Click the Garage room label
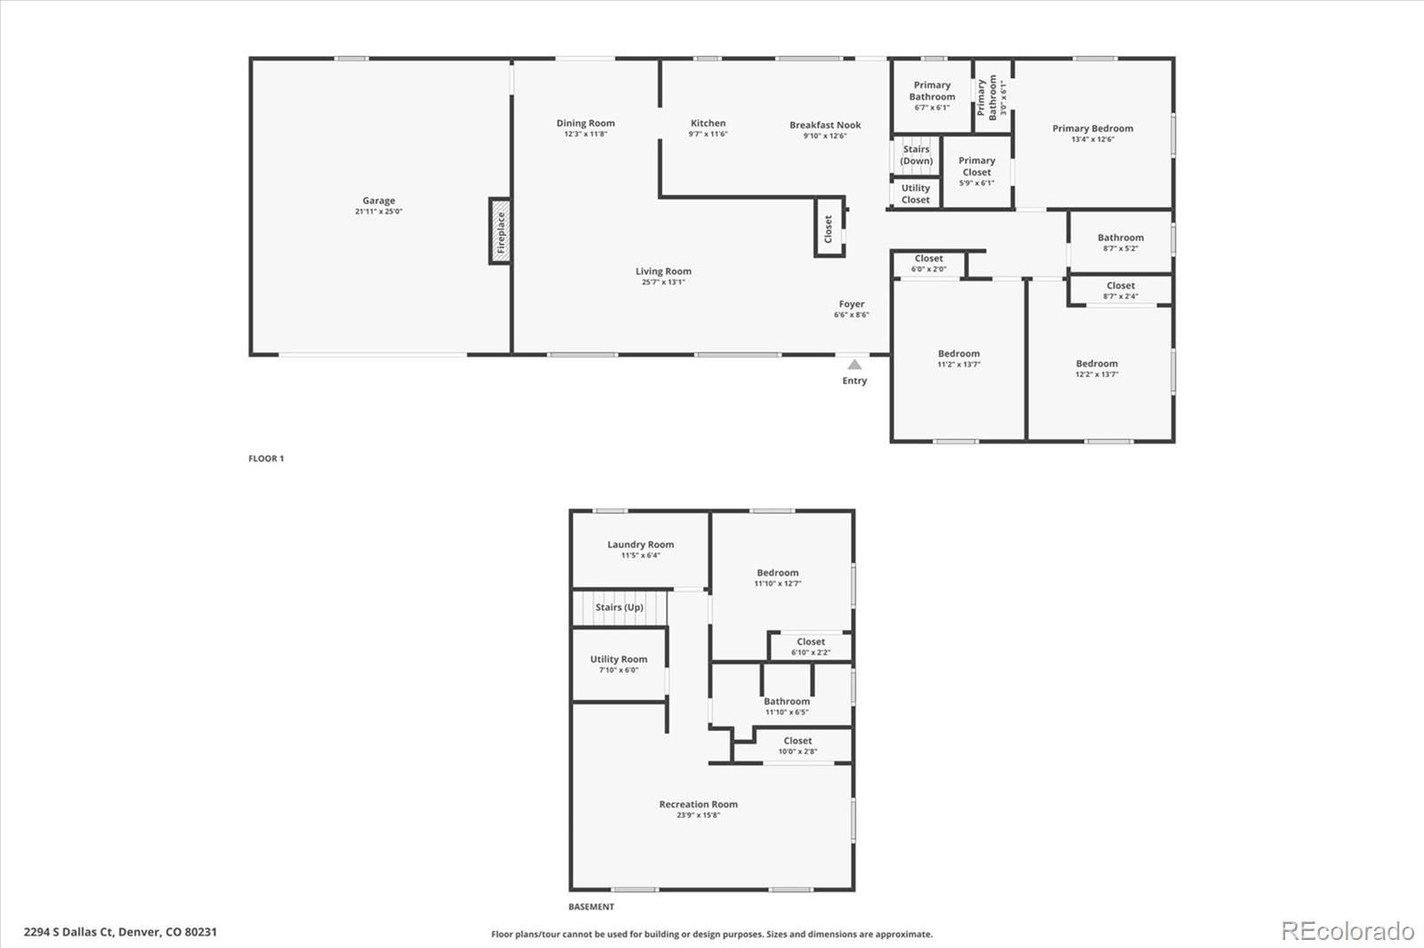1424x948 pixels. (379, 201)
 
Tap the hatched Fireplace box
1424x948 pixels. (500, 231)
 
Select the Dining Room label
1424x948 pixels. (586, 124)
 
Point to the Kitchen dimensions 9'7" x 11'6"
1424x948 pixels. (708, 134)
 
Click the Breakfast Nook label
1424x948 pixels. (825, 125)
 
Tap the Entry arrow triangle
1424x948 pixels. (854, 364)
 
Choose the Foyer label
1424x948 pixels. (851, 304)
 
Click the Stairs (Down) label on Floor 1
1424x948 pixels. (916, 155)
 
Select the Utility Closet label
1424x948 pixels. (916, 194)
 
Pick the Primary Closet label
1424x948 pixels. (976, 166)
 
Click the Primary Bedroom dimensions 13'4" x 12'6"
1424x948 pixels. (1093, 139)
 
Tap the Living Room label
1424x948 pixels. (663, 271)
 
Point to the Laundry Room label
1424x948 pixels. (640, 544)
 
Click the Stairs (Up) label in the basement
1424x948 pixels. (619, 607)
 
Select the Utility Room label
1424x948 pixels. (619, 660)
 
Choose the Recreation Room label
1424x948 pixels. (698, 805)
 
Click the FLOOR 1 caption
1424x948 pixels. (266, 458)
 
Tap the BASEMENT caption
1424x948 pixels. (591, 907)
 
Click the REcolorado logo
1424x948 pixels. (1347, 931)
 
